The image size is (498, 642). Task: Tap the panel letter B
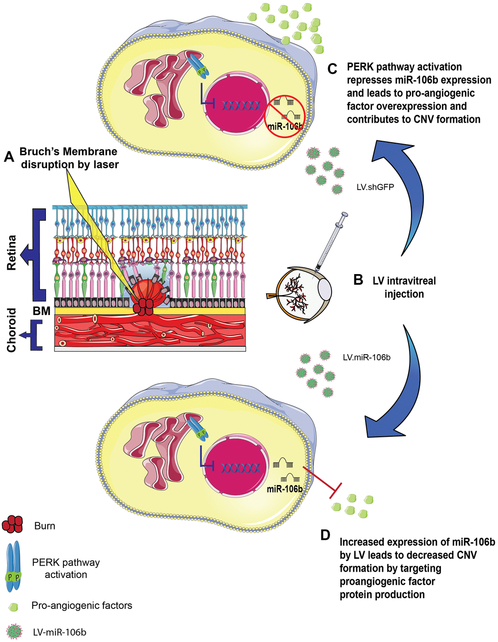pyautogui.click(x=358, y=280)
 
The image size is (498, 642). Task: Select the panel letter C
pyautogui.click(x=333, y=69)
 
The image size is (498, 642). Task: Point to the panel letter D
pyautogui.click(x=326, y=535)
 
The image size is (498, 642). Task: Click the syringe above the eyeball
pyautogui.click(x=331, y=242)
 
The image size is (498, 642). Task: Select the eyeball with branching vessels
pyautogui.click(x=300, y=295)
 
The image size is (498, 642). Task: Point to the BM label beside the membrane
pyautogui.click(x=42, y=311)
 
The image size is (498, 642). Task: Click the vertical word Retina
pyautogui.click(x=12, y=253)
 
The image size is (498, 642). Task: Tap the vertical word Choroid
pyautogui.click(x=12, y=330)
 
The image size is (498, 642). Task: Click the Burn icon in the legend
pyautogui.click(x=13, y=525)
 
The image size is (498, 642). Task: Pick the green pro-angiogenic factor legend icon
pyautogui.click(x=14, y=606)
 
